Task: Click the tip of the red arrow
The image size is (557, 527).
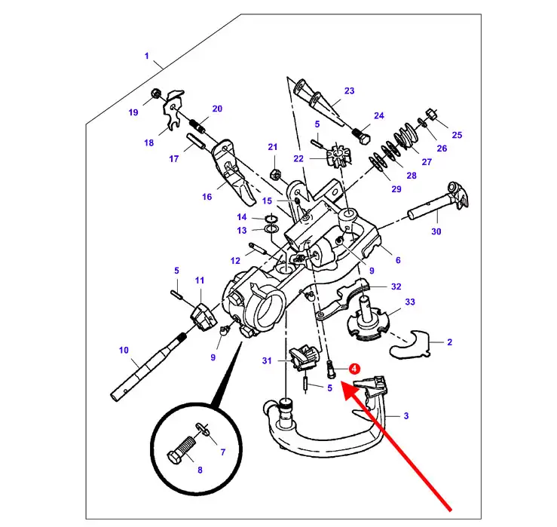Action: [x=344, y=384]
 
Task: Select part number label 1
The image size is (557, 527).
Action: [x=147, y=57]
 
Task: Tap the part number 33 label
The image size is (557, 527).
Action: [x=410, y=302]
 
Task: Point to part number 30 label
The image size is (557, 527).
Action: [x=436, y=231]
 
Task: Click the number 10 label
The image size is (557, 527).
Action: [x=124, y=349]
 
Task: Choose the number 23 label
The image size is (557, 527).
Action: [x=349, y=91]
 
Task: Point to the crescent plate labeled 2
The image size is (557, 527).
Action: [x=410, y=344]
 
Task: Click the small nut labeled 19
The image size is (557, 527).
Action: [x=155, y=94]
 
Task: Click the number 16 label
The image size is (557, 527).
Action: [x=207, y=197]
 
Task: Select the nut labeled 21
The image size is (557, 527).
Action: [x=276, y=175]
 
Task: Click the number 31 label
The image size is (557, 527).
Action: [x=266, y=361]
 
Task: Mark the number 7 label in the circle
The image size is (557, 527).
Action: [x=222, y=452]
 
